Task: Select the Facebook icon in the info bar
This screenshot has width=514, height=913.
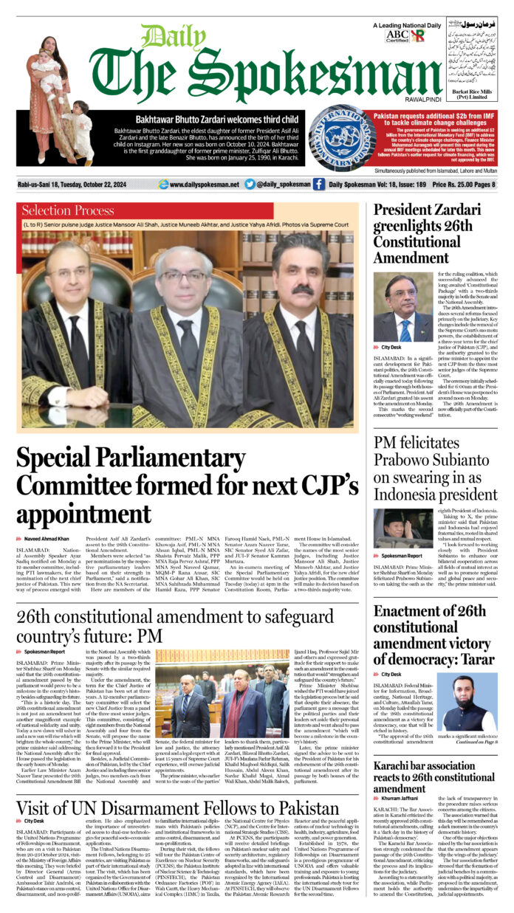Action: point(318,185)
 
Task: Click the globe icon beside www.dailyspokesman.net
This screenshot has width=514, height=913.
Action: point(162,185)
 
